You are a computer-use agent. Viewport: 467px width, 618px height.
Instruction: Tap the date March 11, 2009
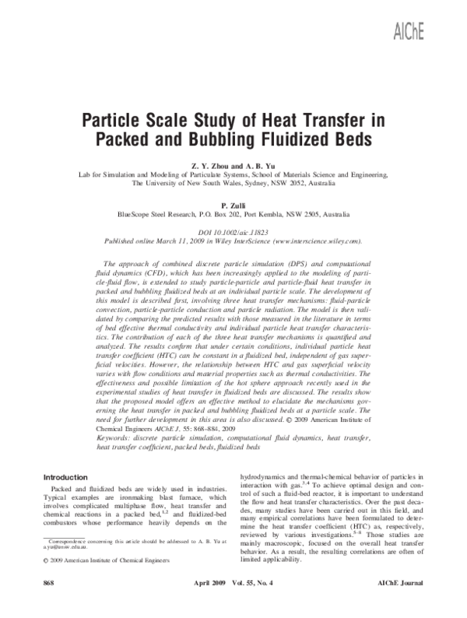coord(180,242)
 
